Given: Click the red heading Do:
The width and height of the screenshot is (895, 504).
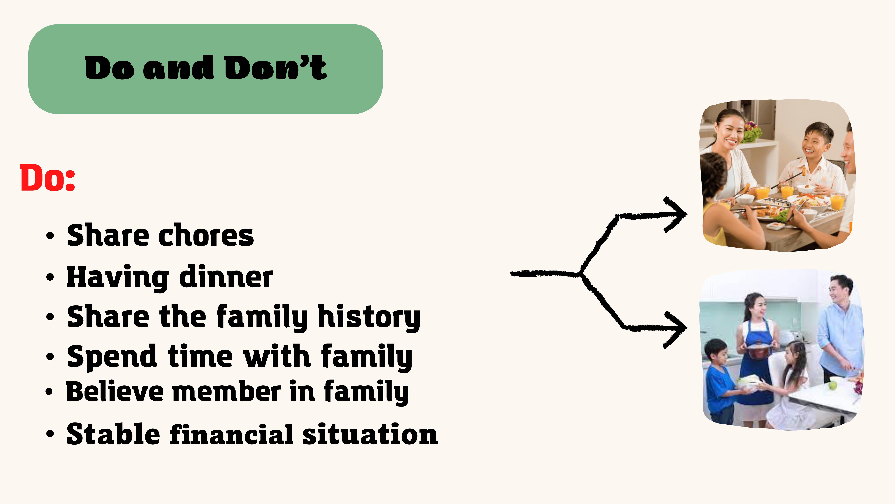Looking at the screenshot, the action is [x=48, y=178].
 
